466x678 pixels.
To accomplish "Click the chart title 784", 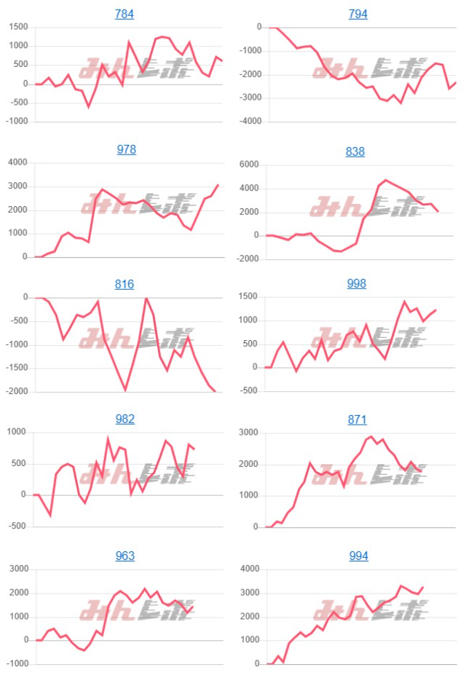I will point(125,14).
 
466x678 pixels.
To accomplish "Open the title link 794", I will point(358,14).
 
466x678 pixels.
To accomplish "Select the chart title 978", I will point(126,149).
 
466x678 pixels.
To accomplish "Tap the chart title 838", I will point(356,151).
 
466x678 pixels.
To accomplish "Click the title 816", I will point(125,284).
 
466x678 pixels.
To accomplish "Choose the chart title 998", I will point(356,283).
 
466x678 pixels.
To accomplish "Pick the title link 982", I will point(126,419).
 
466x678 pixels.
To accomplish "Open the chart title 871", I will point(357,419).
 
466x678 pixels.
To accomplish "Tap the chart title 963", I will point(126,556).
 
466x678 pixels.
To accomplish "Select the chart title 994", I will point(358,556).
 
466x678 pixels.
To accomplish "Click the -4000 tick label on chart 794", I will point(248,122).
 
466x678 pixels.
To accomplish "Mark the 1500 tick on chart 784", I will point(17,27).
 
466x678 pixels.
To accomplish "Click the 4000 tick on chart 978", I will point(17,162).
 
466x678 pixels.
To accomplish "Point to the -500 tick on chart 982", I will point(19,527).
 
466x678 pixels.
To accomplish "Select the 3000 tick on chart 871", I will point(250,433).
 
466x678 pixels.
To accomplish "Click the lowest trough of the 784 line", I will point(89,107).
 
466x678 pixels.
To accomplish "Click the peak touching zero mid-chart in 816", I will point(146,298).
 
